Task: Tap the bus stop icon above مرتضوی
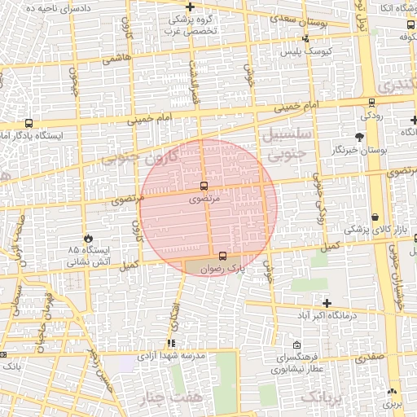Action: [x=204, y=187]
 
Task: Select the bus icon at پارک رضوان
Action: [x=224, y=256]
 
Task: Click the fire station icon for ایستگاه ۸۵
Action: [x=89, y=238]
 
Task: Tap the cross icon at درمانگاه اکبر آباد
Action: [x=327, y=303]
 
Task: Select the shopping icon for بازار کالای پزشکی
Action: [x=375, y=217]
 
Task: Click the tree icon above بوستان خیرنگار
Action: [x=359, y=137]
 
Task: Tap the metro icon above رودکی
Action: [x=372, y=103]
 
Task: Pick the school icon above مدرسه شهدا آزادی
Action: [x=171, y=344]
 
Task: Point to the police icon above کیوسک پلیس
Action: [x=305, y=38]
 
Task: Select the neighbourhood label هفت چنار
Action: [x=180, y=397]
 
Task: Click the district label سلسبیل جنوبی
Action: [x=283, y=141]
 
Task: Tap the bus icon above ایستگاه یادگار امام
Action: [x=29, y=124]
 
